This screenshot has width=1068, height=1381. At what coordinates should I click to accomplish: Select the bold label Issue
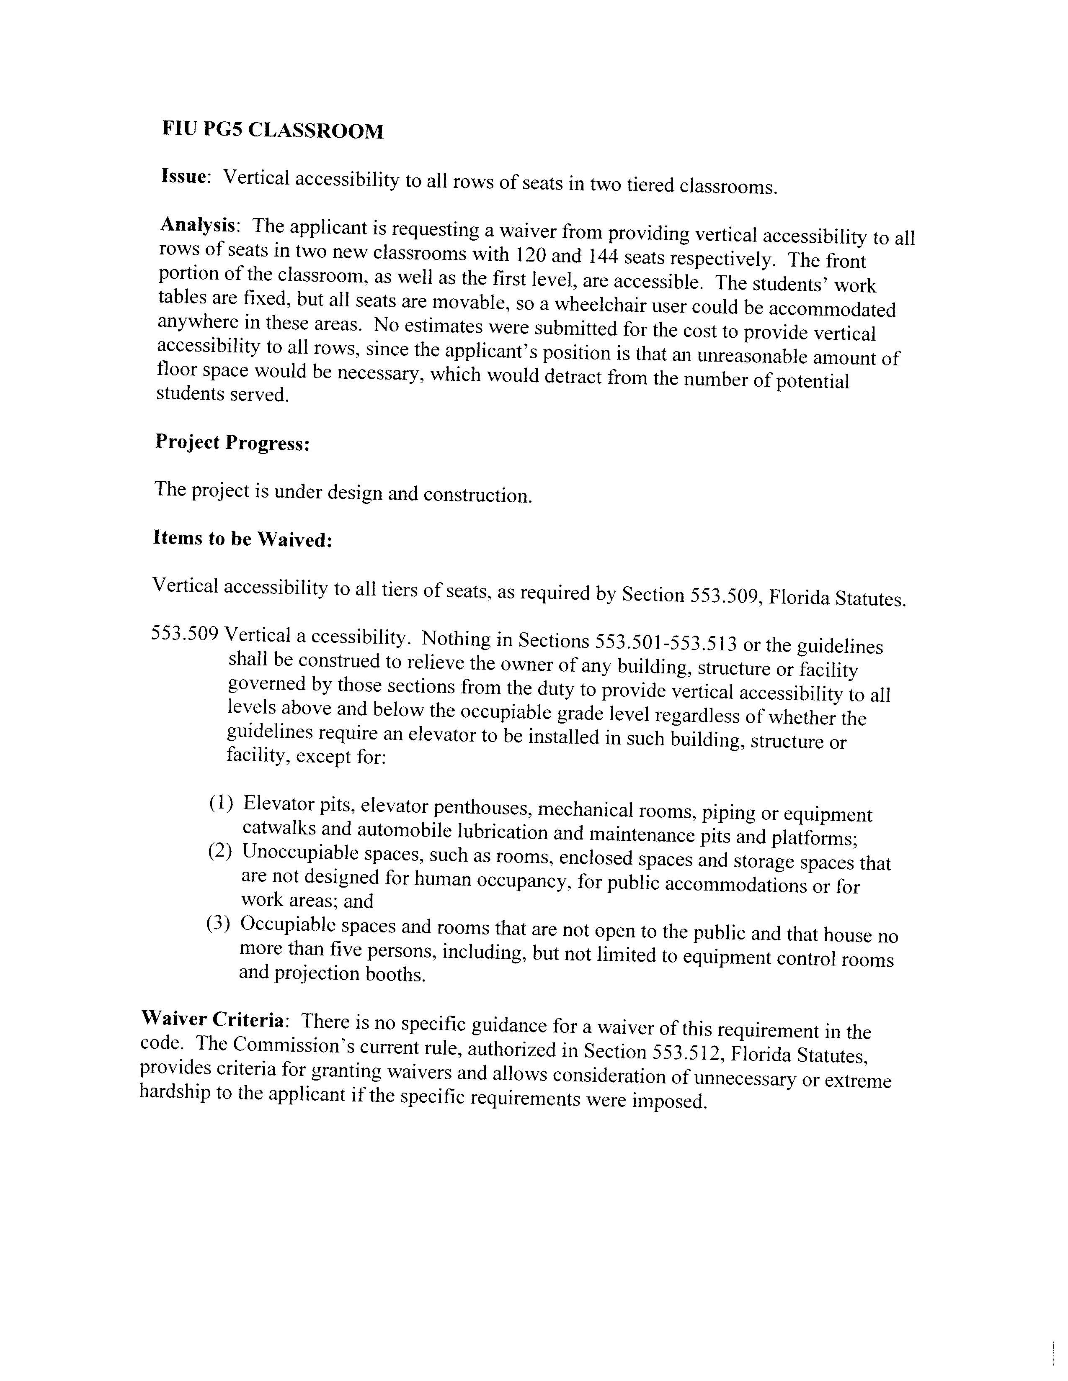[x=184, y=177]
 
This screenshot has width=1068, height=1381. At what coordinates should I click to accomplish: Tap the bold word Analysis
[x=198, y=225]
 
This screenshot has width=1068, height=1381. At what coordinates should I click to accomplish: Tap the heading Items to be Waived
[x=242, y=539]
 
